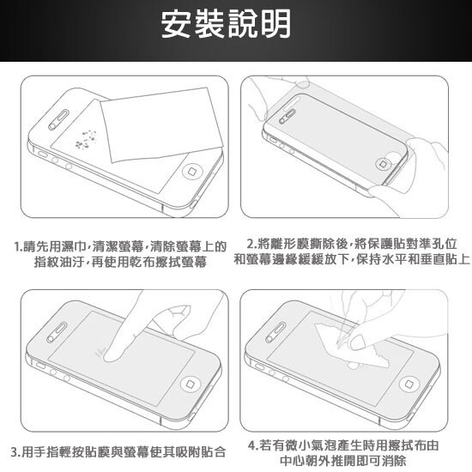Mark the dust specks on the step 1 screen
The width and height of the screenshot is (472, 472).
click(86, 138)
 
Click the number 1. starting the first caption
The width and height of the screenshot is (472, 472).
click(20, 248)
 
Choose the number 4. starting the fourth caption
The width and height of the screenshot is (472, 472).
click(251, 445)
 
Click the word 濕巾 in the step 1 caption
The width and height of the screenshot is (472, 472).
click(73, 248)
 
